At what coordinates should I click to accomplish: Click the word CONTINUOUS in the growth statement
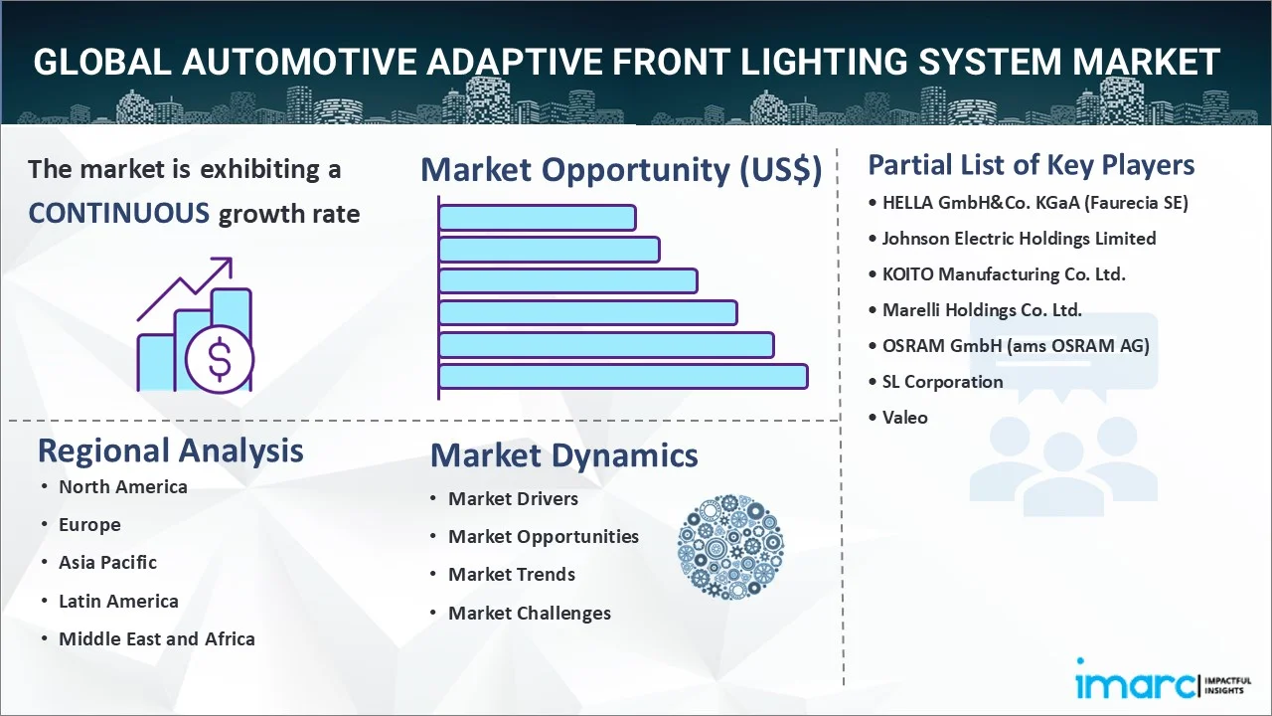point(118,214)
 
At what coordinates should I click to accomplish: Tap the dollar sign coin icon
point(220,359)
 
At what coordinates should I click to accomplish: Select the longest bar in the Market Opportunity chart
point(623,377)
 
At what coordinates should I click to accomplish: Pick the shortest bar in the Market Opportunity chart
point(538,218)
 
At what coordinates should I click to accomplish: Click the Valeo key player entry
point(904,418)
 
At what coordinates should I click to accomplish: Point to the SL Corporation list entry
point(942,381)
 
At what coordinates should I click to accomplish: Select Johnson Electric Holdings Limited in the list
point(1019,238)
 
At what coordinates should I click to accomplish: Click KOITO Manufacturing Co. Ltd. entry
point(1004,273)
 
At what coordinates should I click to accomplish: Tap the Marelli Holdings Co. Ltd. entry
point(982,309)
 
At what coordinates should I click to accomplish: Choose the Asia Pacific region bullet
point(107,563)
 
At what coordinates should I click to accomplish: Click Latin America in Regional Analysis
point(118,601)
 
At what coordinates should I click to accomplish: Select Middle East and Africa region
point(157,638)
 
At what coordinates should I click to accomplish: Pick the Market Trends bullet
point(512,575)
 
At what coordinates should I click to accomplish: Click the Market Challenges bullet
point(530,614)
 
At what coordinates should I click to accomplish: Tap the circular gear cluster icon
point(730,547)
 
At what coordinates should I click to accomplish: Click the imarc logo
point(1164,679)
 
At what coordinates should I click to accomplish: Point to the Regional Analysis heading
point(170,450)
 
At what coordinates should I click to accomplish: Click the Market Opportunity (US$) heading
point(621,169)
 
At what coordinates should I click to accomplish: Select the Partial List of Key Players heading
point(1032,165)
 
